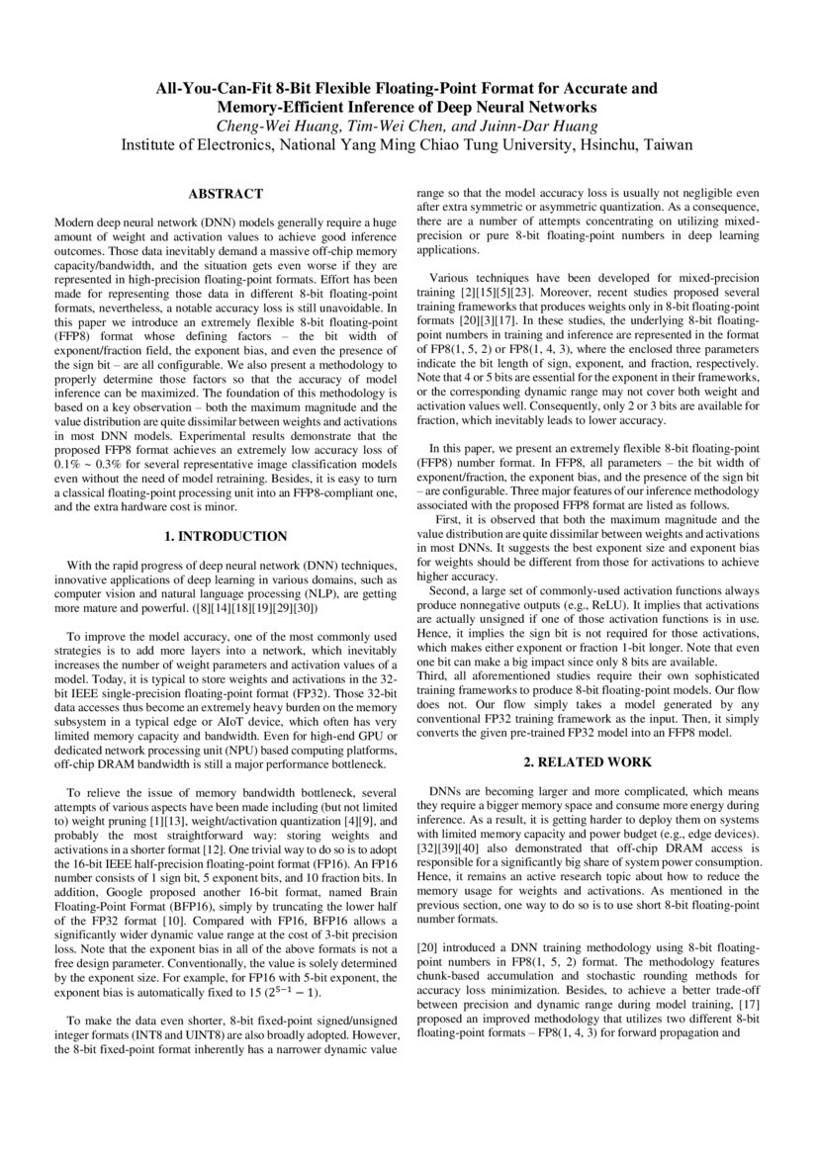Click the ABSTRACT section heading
tap(226, 194)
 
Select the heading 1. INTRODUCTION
tap(226, 537)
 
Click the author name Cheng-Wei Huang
tap(274, 125)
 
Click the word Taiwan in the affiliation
tap(668, 144)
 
